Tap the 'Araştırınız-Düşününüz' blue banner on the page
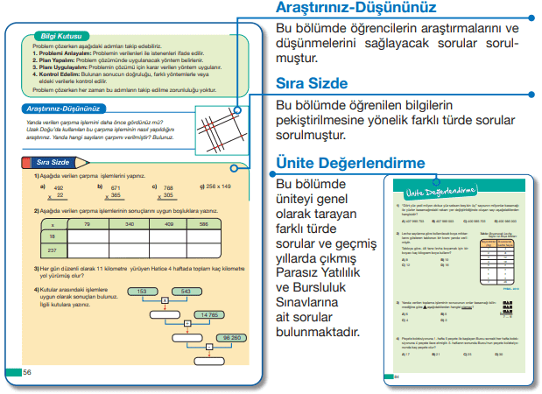(61, 109)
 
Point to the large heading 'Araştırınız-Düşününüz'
(355, 9)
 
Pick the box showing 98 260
(232, 337)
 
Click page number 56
(27, 371)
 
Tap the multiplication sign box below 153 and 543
(164, 301)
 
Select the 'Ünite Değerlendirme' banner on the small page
(438, 190)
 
